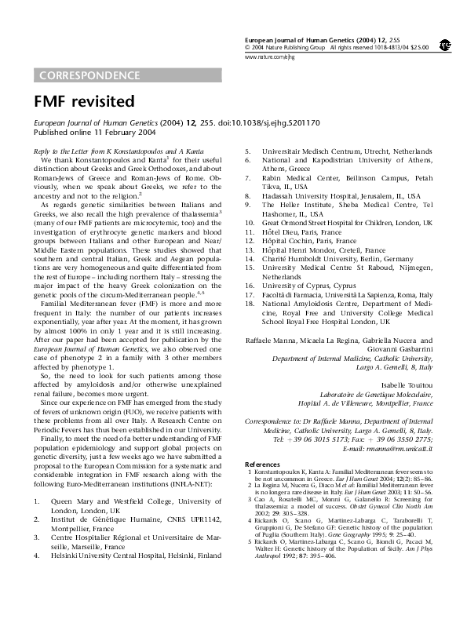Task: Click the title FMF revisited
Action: (x=83, y=102)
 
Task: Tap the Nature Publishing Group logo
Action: (x=444, y=46)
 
